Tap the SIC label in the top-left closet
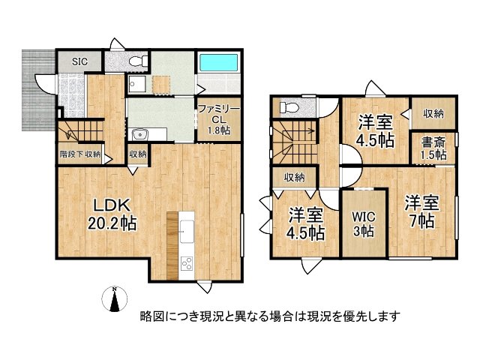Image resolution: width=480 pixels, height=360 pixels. (79, 60)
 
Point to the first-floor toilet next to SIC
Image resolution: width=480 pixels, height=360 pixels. (134, 61)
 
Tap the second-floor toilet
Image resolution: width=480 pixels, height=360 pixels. (286, 109)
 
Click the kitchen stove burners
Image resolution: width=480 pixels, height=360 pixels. (185, 263)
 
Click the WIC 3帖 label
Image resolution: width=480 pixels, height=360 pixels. (364, 224)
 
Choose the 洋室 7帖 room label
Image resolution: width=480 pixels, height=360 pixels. (421, 211)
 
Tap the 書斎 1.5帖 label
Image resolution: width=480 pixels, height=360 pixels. (433, 147)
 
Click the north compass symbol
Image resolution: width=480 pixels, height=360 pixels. (114, 300)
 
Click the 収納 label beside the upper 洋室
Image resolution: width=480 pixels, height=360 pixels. (433, 114)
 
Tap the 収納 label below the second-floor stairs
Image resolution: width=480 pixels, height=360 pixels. (294, 177)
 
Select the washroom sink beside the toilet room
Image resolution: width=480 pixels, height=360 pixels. (137, 83)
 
